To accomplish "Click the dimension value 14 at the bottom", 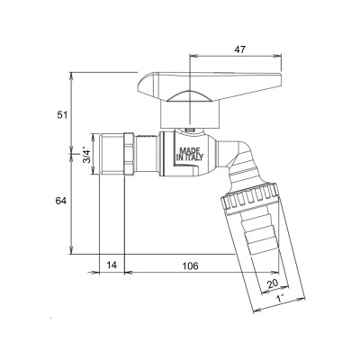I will point(111,266).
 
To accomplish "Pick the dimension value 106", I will point(189,266).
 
